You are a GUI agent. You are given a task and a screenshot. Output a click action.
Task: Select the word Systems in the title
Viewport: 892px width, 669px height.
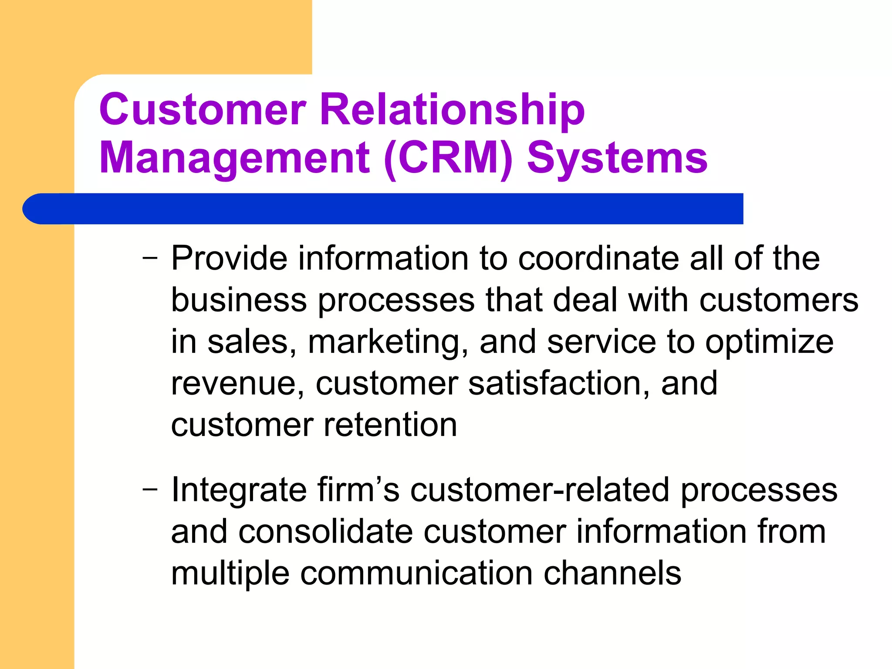point(617,159)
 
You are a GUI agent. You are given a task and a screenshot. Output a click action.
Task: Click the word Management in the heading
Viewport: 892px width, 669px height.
point(235,159)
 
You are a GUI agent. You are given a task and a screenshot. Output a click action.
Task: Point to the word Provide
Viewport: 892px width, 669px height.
point(229,258)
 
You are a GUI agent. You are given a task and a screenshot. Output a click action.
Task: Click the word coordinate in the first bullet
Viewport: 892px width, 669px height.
point(598,258)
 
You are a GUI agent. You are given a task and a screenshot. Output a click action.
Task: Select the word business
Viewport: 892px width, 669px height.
point(239,300)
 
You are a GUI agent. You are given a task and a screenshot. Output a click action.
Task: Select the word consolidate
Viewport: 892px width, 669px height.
point(325,531)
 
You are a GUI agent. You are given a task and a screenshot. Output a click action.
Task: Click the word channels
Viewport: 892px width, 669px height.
point(612,573)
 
